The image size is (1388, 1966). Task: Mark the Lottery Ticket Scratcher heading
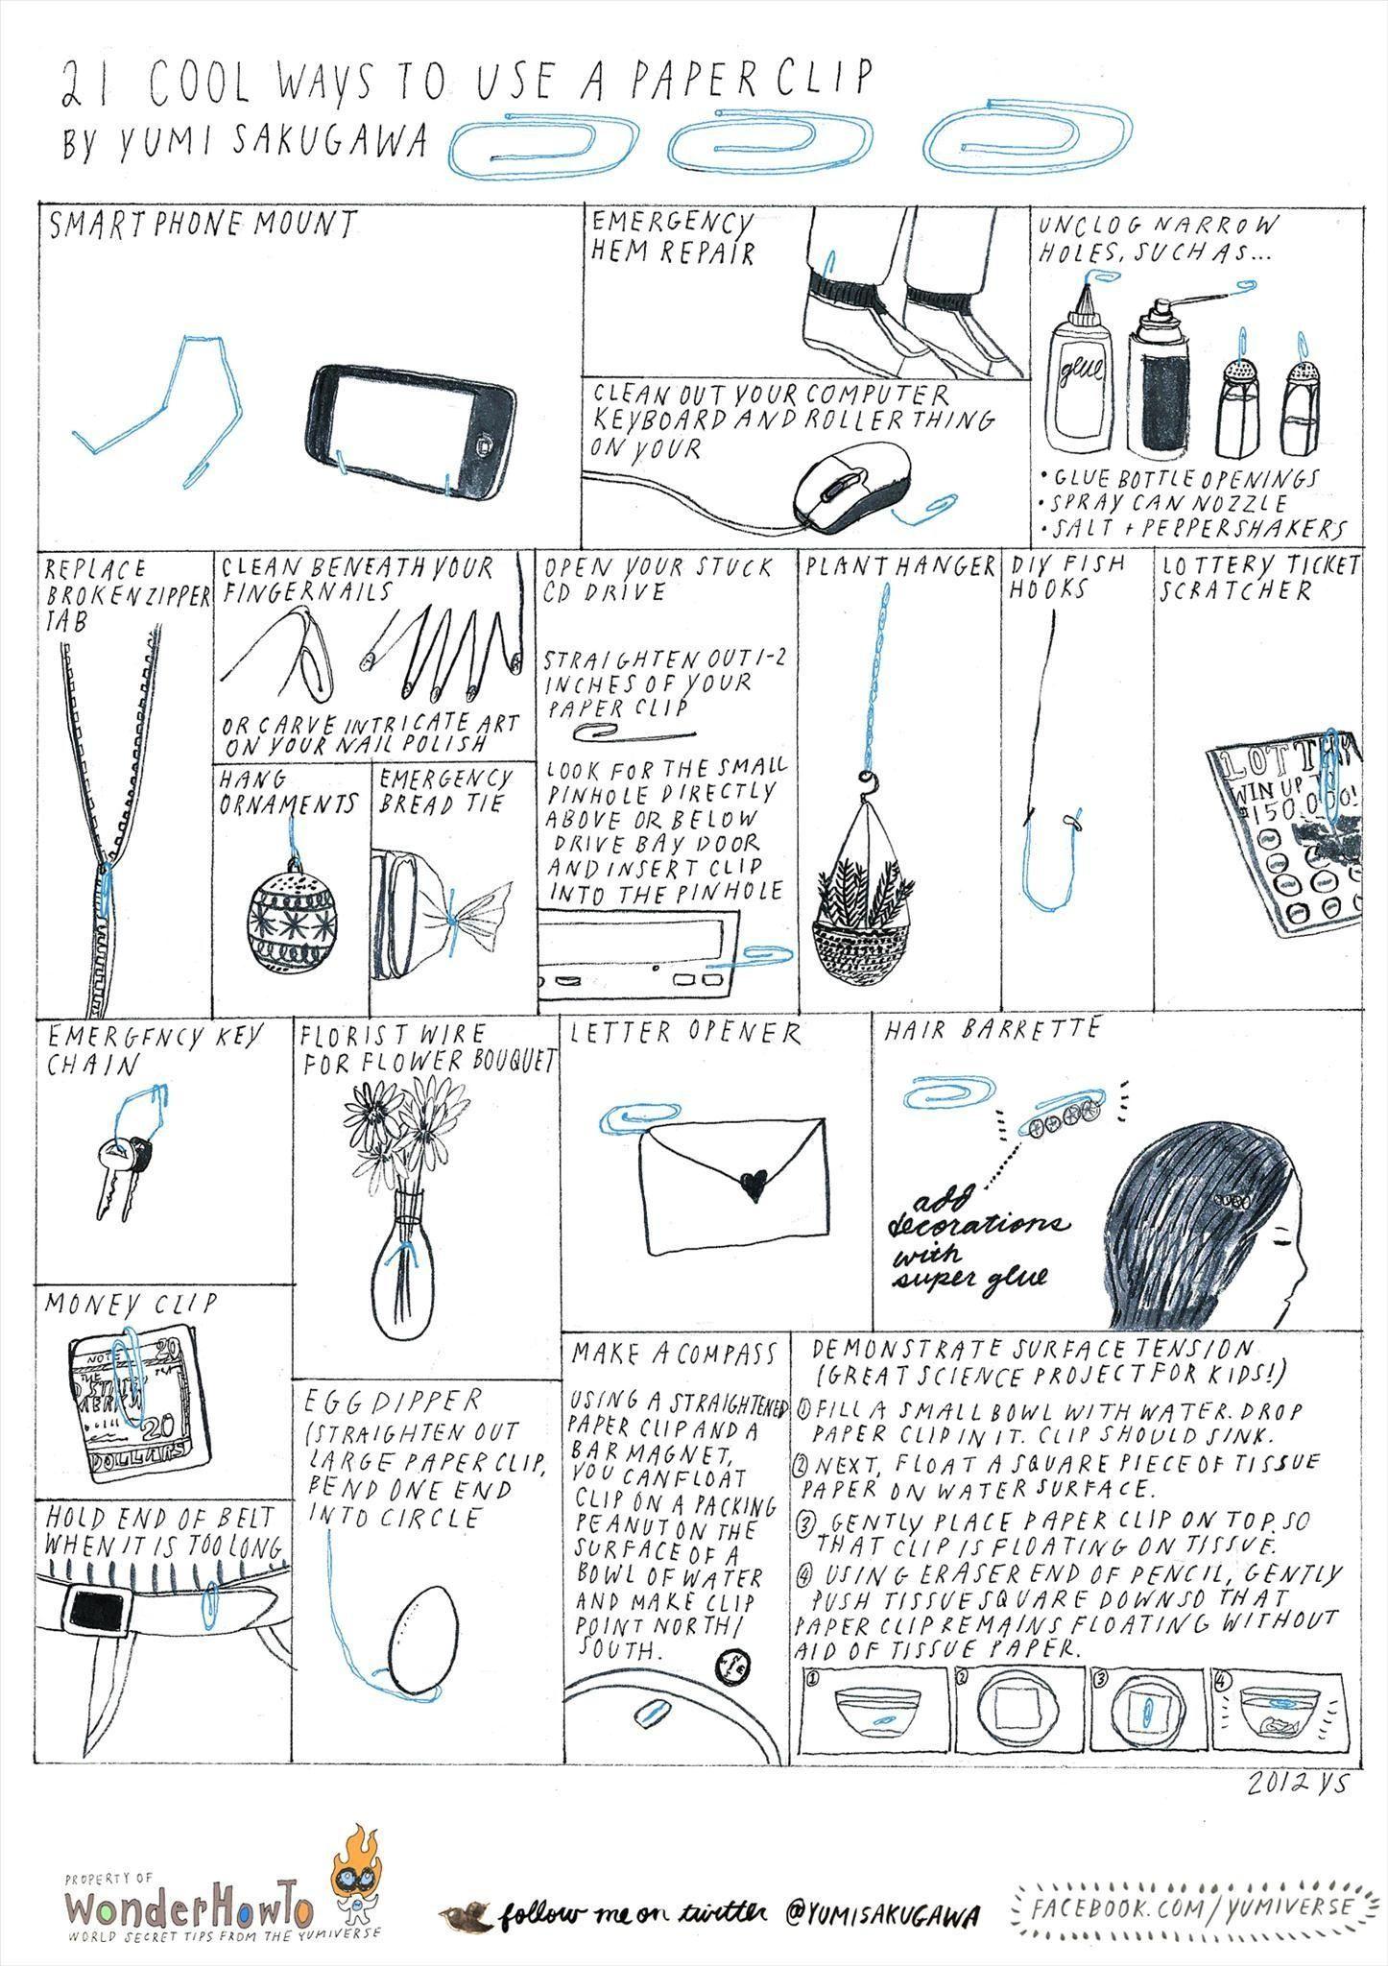(x=1259, y=577)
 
